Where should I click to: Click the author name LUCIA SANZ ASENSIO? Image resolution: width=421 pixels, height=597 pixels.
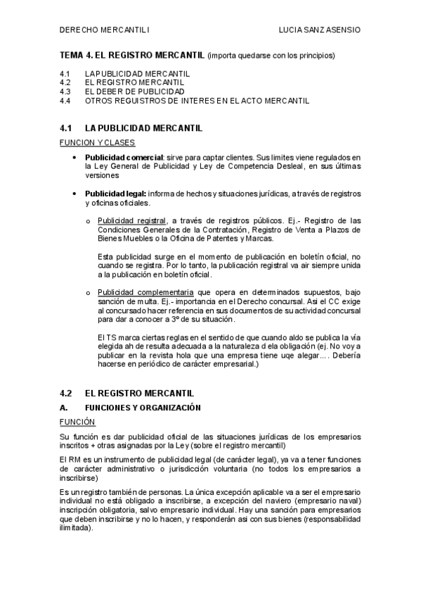(x=320, y=30)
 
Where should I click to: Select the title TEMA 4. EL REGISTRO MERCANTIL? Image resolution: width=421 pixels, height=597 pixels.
(x=133, y=55)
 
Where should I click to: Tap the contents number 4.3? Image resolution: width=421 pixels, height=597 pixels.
(x=65, y=92)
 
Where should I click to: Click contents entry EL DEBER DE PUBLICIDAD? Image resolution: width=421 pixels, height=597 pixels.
(x=135, y=92)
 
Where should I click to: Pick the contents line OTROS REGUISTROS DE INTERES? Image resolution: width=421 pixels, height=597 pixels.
(x=197, y=101)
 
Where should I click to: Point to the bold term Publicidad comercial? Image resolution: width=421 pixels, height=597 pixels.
(x=123, y=156)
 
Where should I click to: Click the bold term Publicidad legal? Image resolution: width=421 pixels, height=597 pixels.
(x=115, y=194)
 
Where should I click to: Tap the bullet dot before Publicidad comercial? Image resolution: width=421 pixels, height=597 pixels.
(x=74, y=157)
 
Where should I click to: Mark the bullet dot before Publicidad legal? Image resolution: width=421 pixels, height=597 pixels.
(x=74, y=194)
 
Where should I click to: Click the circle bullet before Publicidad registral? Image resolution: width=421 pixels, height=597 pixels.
(x=88, y=221)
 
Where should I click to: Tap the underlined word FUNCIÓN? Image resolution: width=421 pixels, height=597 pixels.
(x=77, y=422)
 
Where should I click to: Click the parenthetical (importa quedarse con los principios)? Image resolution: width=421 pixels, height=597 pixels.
(x=271, y=55)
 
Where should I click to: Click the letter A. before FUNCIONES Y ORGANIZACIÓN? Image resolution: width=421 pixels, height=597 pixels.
(x=64, y=408)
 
